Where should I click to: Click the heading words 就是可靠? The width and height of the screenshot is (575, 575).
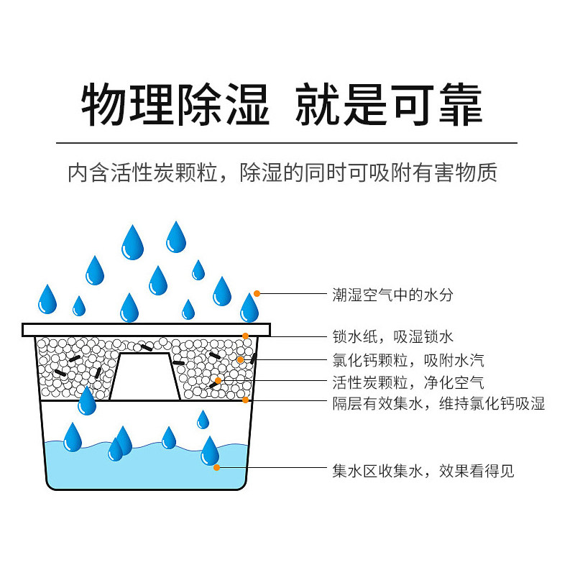point(389,106)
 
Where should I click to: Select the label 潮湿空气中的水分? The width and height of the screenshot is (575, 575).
point(392,294)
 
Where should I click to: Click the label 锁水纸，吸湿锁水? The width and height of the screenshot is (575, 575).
point(392,336)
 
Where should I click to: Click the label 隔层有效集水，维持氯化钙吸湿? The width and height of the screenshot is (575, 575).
point(438,404)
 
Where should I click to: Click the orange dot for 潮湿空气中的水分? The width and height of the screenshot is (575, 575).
point(257,293)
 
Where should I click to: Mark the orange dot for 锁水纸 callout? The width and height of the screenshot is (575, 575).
point(246,336)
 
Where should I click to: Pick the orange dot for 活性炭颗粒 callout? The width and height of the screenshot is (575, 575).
point(218,380)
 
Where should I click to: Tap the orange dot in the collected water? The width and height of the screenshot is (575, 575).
point(217,468)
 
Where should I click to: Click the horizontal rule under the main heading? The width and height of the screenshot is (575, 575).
point(287,143)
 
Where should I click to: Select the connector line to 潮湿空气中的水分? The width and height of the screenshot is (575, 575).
point(291,293)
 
